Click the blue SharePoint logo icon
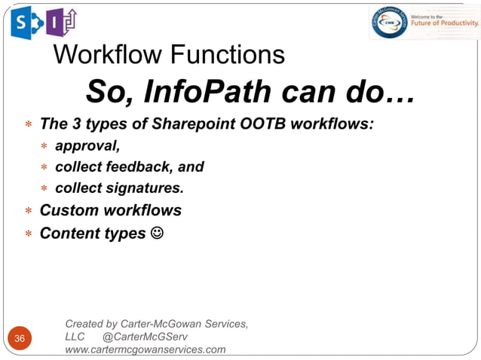tap(22, 23)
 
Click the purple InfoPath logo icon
tap(61, 23)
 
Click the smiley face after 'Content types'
tap(156, 233)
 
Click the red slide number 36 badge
tap(20, 339)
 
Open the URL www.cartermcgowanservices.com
tap(146, 349)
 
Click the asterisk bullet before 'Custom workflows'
tap(28, 212)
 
